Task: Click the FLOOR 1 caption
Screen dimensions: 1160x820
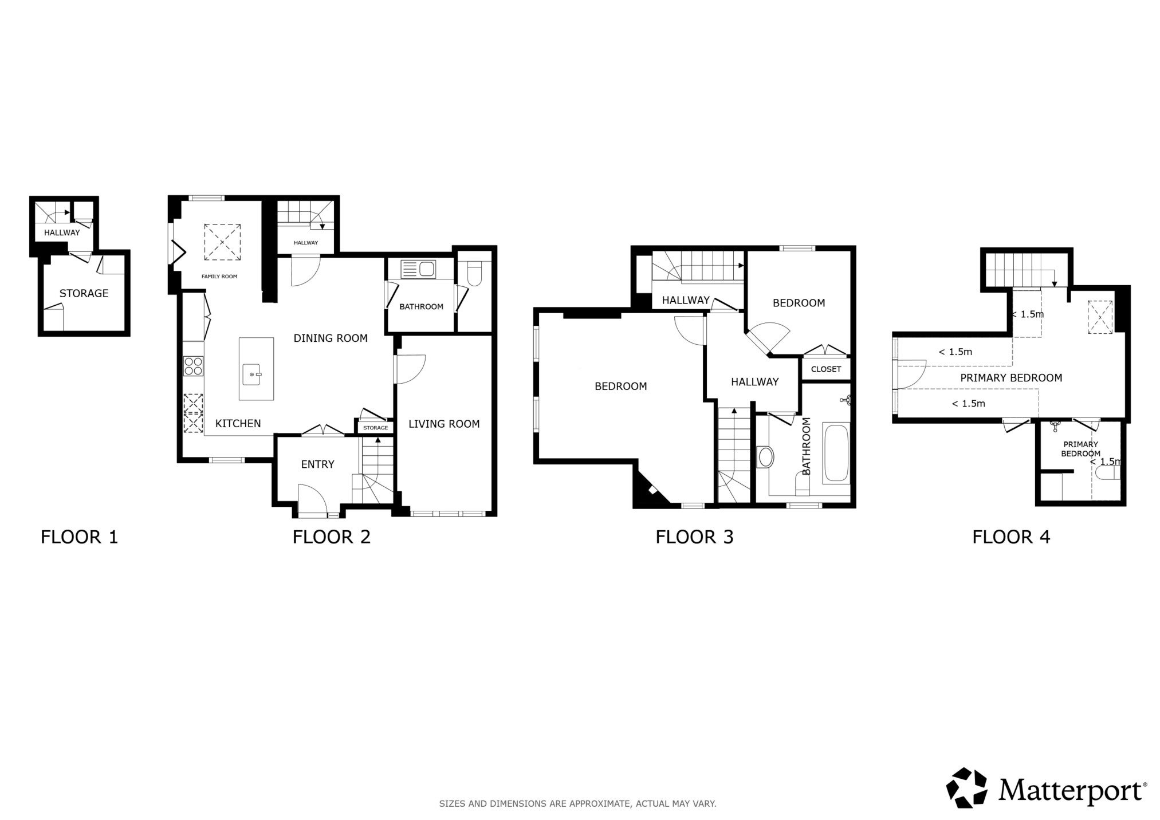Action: pyautogui.click(x=79, y=537)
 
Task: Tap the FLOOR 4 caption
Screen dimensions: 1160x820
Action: pyautogui.click(x=1011, y=537)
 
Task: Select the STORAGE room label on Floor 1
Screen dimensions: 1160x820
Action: pyautogui.click(x=84, y=293)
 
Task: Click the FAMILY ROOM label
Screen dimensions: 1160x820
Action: pyautogui.click(x=219, y=277)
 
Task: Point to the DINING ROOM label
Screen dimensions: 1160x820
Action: pyautogui.click(x=331, y=338)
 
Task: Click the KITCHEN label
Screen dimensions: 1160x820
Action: pyautogui.click(x=238, y=423)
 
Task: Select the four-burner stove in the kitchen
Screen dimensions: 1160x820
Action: pyautogui.click(x=194, y=365)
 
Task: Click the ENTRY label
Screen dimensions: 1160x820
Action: pyautogui.click(x=317, y=464)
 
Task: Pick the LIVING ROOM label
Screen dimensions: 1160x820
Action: pyautogui.click(x=444, y=424)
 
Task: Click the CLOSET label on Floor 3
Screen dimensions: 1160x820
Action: pyautogui.click(x=826, y=369)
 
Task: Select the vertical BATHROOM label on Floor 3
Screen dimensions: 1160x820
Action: pyautogui.click(x=807, y=446)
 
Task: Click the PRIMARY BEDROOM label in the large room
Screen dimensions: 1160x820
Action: pyautogui.click(x=1011, y=378)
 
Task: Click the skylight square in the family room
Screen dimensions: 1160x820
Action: pyautogui.click(x=222, y=242)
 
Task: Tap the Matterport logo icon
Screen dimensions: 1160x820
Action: pyautogui.click(x=967, y=788)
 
